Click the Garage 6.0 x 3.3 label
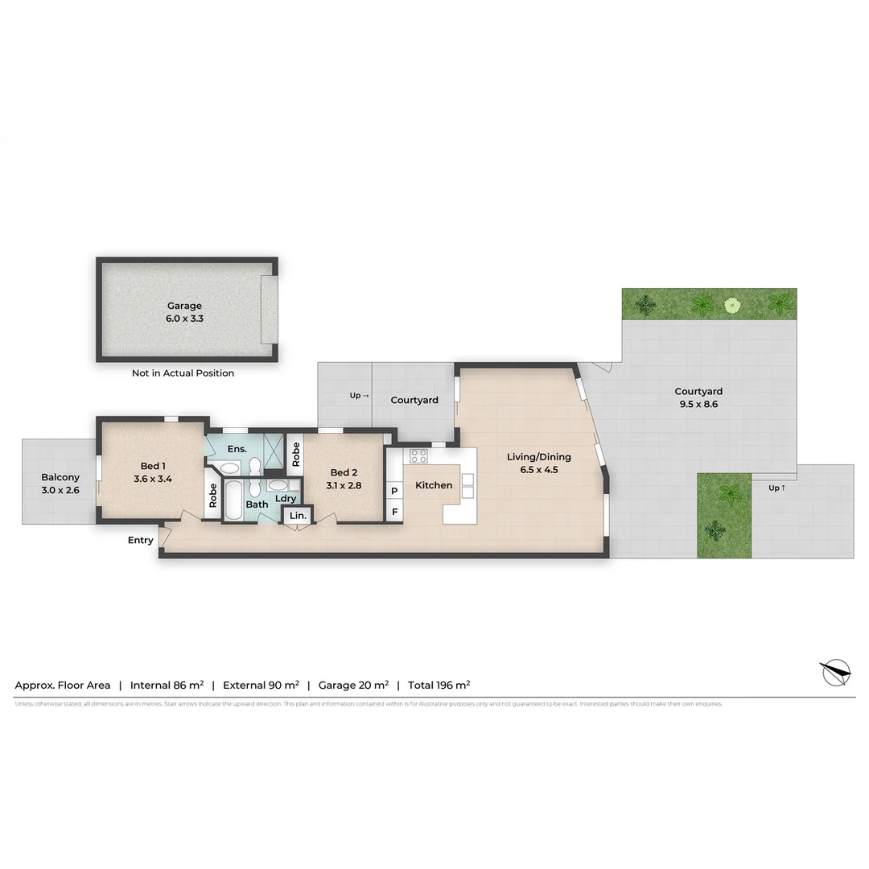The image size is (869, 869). pos(184,312)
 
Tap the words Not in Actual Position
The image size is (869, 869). pos(183,373)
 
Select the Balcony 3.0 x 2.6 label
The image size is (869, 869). pos(60,484)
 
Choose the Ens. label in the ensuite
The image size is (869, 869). pos(237,449)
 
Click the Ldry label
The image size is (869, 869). pos(285,499)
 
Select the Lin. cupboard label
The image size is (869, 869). pos(297,515)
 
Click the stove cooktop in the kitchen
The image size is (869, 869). pos(418,455)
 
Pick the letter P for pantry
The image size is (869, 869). pos(394,491)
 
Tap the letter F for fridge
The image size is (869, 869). pos(394,512)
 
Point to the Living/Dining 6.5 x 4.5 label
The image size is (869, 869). pos(538,463)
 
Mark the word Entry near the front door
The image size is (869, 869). pos(140,541)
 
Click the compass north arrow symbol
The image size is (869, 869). pos(835,671)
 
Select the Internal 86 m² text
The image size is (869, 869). pos(167,686)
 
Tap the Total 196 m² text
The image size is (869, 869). pos(439,686)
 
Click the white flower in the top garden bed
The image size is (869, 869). pos(731,305)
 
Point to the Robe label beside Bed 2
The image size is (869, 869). pos(295,455)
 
